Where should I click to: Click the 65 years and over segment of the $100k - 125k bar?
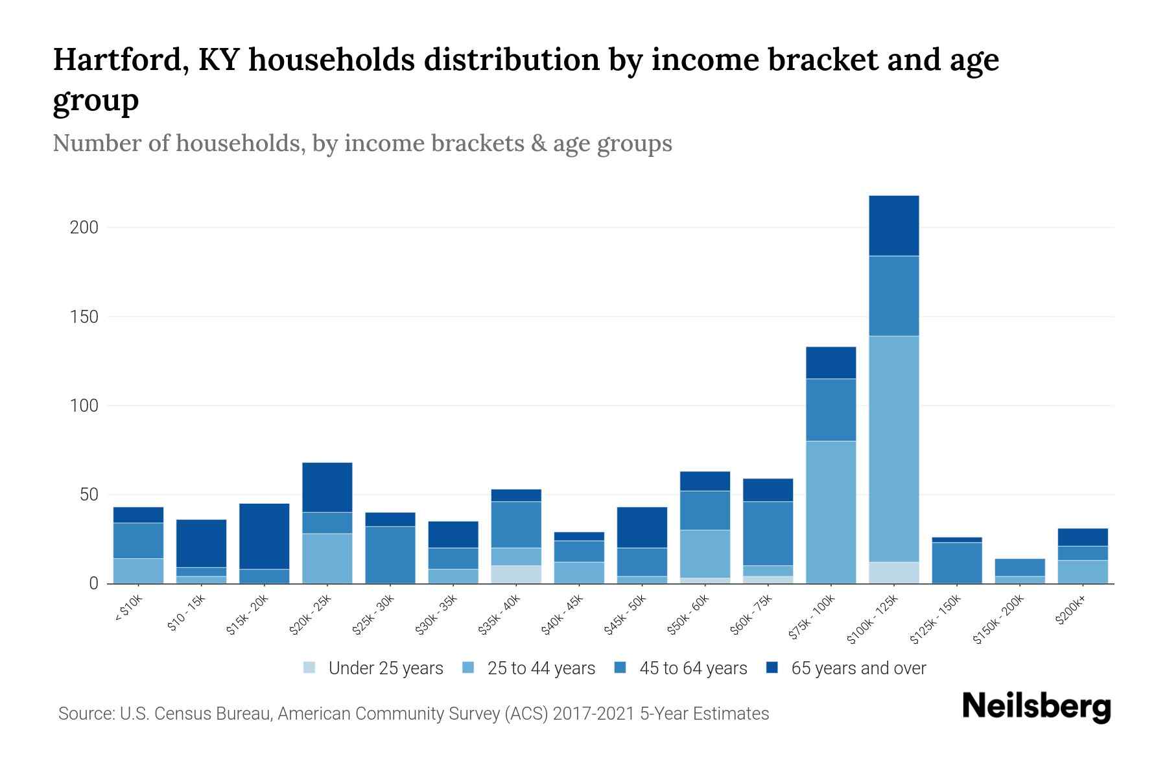(894, 226)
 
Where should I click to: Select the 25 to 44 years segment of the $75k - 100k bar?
(831, 512)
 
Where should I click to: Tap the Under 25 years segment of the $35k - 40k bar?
(516, 574)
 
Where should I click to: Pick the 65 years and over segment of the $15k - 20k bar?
(265, 536)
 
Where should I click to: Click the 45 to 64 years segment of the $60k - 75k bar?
(768, 534)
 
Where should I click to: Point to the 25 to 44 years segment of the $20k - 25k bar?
(327, 558)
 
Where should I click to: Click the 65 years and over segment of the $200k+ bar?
(1083, 537)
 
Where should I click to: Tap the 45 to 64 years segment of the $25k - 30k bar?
(390, 555)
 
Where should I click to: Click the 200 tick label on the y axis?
(84, 228)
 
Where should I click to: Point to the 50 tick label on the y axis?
(89, 495)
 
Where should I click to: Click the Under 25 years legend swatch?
(310, 668)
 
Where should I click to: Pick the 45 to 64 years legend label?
(693, 668)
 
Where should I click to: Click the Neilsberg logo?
(1036, 707)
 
